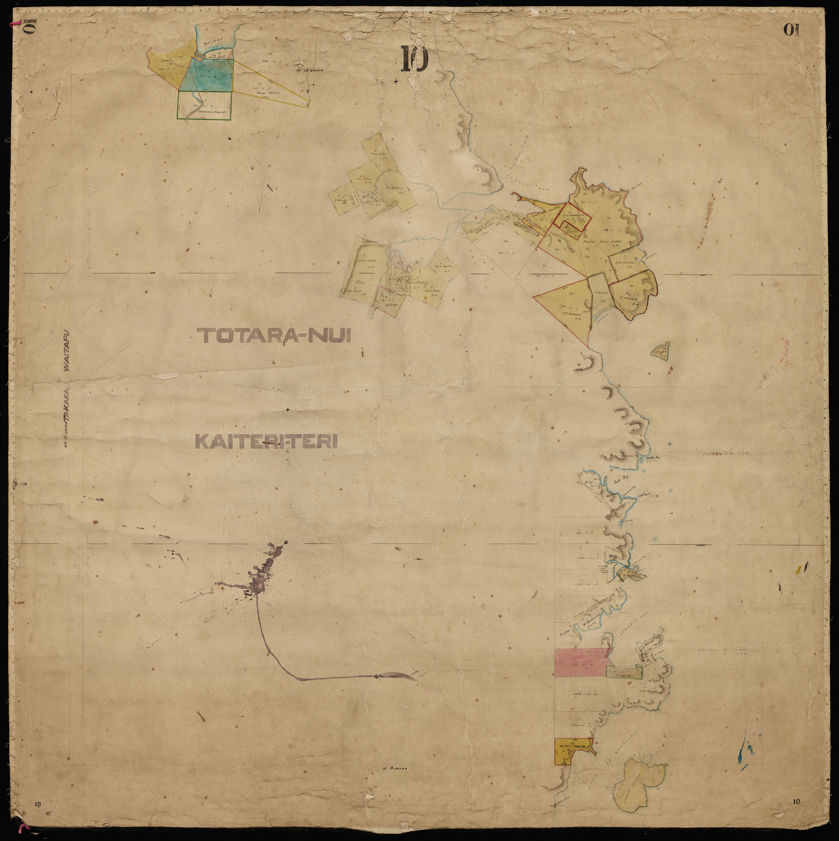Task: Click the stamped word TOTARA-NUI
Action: click(274, 336)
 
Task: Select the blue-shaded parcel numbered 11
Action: click(208, 75)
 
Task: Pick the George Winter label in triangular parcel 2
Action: click(268, 93)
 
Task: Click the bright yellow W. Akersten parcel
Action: click(572, 758)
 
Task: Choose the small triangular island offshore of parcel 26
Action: click(661, 351)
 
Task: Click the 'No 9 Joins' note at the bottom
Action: click(395, 781)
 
